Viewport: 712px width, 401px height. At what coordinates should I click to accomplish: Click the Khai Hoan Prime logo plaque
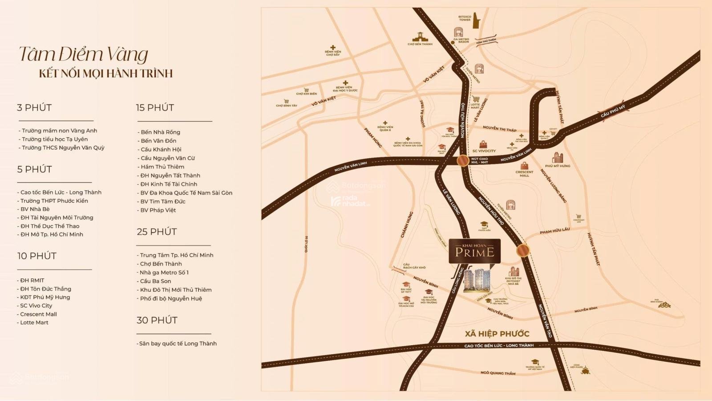click(474, 251)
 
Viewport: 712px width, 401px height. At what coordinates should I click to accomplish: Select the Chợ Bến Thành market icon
click(420, 36)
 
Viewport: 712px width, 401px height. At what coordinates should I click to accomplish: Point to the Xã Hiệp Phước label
click(497, 334)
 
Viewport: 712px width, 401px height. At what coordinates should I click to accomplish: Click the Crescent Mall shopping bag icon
click(524, 166)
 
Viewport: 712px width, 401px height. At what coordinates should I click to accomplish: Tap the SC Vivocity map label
click(484, 151)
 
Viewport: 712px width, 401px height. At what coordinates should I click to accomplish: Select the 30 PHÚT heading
click(157, 320)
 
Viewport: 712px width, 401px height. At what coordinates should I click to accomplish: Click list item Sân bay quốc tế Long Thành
click(177, 344)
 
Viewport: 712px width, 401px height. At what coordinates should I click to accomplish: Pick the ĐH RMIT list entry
click(32, 280)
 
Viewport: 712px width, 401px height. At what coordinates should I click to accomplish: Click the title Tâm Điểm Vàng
click(83, 54)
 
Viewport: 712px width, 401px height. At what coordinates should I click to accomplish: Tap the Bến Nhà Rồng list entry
click(160, 132)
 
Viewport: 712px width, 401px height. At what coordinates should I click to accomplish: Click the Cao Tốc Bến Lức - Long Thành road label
click(498, 346)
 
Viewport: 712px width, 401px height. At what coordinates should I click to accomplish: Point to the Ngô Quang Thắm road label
click(498, 373)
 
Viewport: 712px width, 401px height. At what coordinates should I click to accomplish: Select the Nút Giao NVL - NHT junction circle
click(463, 160)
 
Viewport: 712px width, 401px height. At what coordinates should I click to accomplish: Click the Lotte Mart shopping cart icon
click(476, 99)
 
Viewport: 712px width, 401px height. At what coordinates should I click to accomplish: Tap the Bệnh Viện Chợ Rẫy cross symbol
click(332, 47)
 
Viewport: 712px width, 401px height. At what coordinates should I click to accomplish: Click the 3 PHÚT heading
click(34, 108)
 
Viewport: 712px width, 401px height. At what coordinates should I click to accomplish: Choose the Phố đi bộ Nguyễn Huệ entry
click(171, 299)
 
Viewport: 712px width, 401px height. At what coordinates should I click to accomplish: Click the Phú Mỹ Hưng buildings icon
click(557, 157)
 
